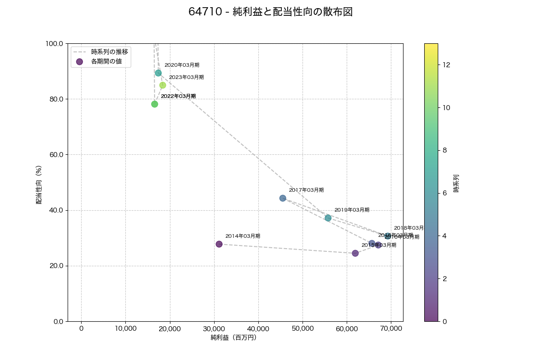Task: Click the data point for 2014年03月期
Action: pos(219,244)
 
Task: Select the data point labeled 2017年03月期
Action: pos(283,198)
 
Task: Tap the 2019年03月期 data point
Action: pos(328,218)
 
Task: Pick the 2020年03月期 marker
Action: pos(158,73)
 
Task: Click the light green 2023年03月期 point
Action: pos(163,85)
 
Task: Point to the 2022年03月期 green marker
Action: pos(155,104)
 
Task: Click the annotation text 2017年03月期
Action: pos(306,190)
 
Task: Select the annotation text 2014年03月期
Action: pos(243,236)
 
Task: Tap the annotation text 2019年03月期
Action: pos(352,210)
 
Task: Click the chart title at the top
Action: pos(270,12)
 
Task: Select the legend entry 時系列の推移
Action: pos(110,51)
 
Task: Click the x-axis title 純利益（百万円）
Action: pos(234,338)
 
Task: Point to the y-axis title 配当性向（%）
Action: pos(39,182)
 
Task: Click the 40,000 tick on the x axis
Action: pos(258,329)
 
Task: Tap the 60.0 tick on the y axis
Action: pos(55,155)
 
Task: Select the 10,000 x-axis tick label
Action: pos(125,329)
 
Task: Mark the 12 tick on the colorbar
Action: pos(447,65)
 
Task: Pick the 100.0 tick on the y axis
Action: pos(54,43)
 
